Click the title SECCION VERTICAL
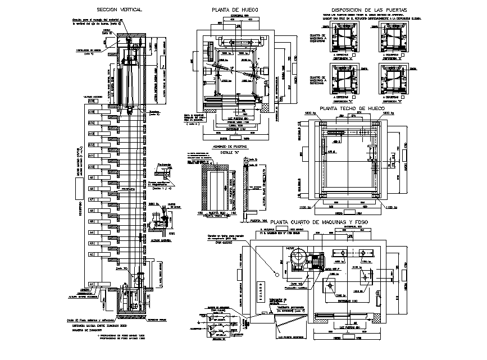pos(119,10)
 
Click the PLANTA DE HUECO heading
pos(234,10)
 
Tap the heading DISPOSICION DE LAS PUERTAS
pos(370,10)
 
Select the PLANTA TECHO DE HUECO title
pos(352,108)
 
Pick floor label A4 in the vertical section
pos(91,233)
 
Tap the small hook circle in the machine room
pos(276,274)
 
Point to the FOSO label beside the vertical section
pos(171,233)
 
